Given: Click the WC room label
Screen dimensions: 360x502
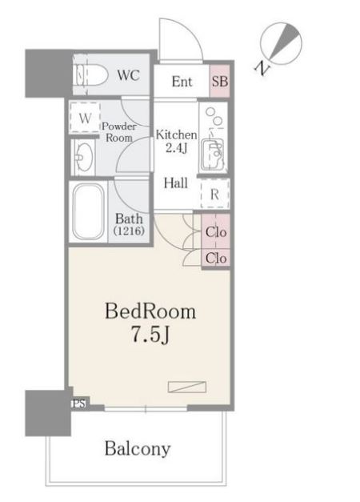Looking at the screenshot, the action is (128, 75).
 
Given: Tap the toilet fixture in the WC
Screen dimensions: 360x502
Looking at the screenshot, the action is (90, 75).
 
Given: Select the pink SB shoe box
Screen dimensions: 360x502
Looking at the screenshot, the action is (220, 82).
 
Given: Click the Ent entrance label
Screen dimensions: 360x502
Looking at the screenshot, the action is (182, 82).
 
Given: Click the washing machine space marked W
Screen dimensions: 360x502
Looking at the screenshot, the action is (85, 118).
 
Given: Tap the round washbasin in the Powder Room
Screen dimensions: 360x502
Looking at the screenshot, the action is (85, 157).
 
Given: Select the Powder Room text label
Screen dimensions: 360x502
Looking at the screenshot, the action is (118, 132).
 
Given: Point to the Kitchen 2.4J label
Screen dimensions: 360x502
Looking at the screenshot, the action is (176, 141).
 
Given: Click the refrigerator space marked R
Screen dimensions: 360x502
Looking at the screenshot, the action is (214, 194).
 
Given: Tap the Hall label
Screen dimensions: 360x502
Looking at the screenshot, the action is (176, 183).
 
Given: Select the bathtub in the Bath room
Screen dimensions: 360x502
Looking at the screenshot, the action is (88, 211).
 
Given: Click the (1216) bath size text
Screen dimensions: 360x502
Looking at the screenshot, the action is (129, 231).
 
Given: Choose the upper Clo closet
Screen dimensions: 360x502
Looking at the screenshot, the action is (216, 232).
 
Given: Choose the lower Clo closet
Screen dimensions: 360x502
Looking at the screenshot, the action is (216, 258).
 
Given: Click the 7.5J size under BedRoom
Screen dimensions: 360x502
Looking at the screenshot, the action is (150, 335).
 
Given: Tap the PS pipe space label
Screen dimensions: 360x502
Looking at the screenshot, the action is (79, 404).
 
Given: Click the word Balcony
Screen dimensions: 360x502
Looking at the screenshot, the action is (138, 449).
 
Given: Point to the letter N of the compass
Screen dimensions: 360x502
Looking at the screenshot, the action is (262, 68).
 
